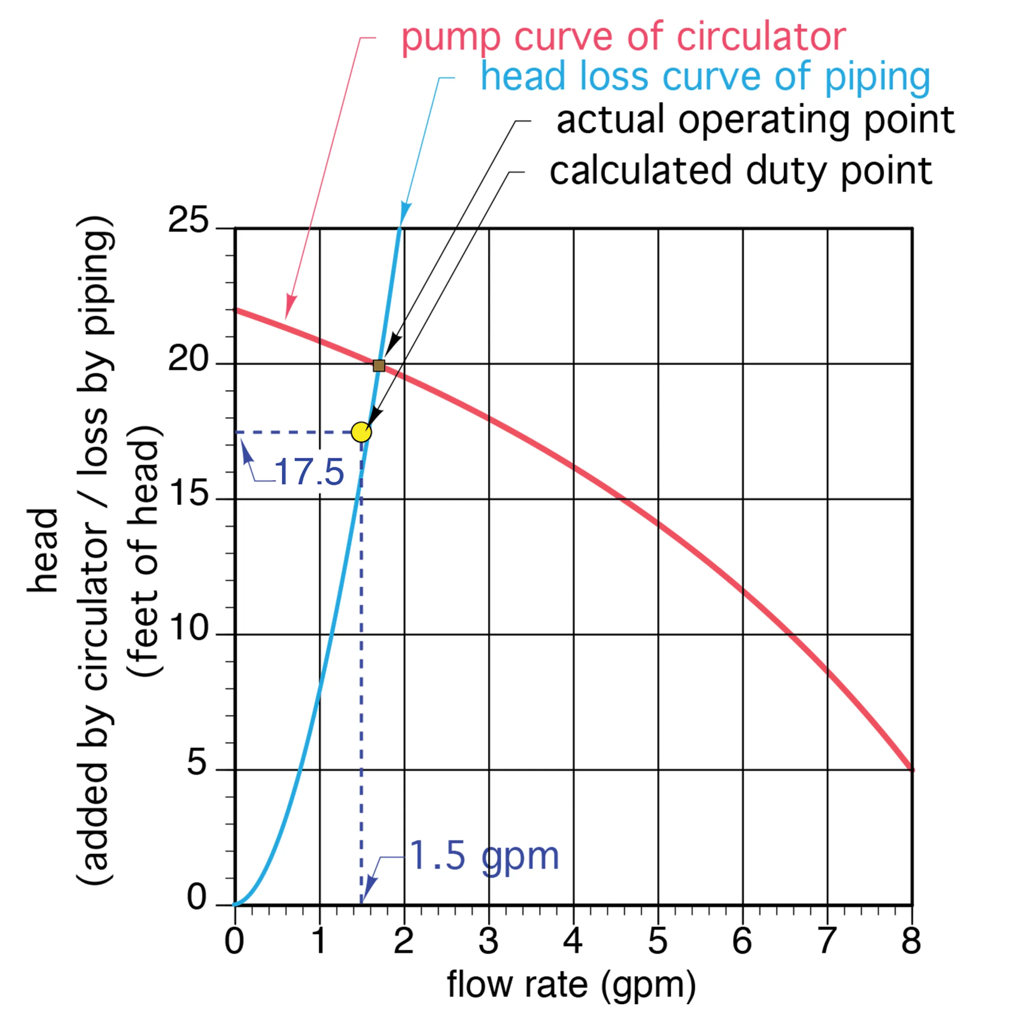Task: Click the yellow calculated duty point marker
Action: point(361,432)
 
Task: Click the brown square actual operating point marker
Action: point(378,365)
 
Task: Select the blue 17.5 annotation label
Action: point(309,472)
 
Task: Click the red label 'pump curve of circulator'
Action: point(623,38)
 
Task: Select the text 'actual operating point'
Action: point(756,120)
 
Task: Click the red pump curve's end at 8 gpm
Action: point(911,769)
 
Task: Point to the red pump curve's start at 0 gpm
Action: point(236,310)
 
